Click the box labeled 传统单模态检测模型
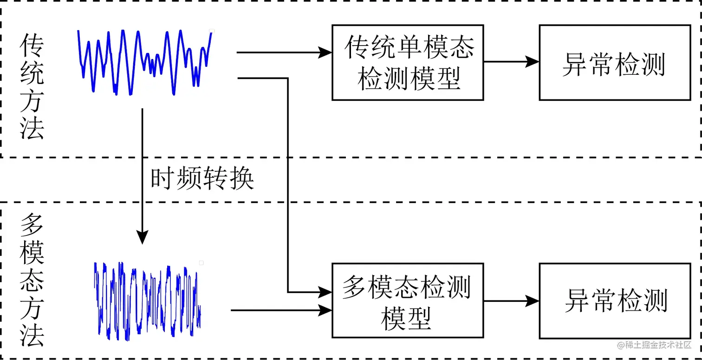pyautogui.click(x=407, y=62)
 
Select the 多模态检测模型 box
pyautogui.click(x=407, y=301)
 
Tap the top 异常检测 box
pyautogui.click(x=614, y=62)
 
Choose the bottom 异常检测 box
pyautogui.click(x=614, y=301)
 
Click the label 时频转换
pyautogui.click(x=202, y=178)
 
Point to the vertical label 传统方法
pyautogui.click(x=32, y=87)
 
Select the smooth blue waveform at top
pyautogui.click(x=144, y=62)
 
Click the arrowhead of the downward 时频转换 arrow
pyautogui.click(x=142, y=238)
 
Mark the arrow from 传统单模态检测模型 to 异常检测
pyautogui.click(x=511, y=61)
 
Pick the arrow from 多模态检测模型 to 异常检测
pyautogui.click(x=511, y=301)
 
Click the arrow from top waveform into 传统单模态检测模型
pyautogui.click(x=283, y=52)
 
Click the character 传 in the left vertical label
pyautogui.click(x=32, y=46)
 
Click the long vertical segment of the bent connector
pyautogui.click(x=288, y=186)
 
